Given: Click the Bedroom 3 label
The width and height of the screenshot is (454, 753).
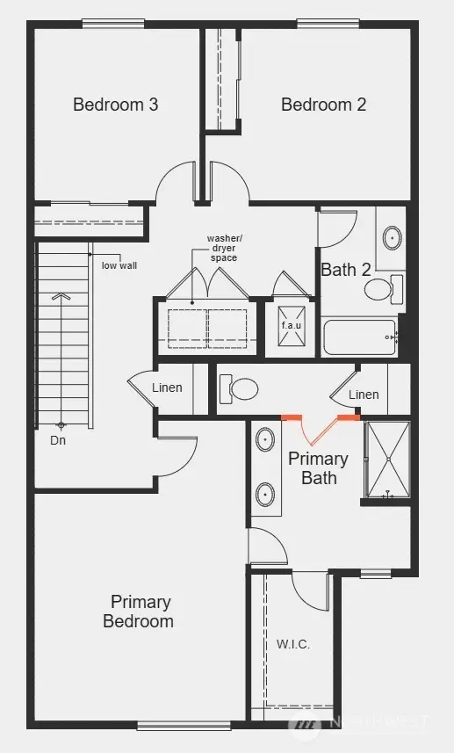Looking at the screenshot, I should (x=115, y=105).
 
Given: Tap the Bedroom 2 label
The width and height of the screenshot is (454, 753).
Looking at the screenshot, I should (x=323, y=105).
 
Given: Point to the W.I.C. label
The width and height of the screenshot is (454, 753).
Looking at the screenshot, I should (x=293, y=644).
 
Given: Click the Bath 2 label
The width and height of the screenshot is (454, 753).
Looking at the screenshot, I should (x=345, y=270).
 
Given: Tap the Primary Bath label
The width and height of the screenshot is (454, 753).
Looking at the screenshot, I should (x=318, y=467).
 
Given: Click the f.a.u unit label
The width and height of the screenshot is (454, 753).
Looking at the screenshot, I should (x=291, y=325).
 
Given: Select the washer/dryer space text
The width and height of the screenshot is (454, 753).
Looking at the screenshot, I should (x=222, y=248).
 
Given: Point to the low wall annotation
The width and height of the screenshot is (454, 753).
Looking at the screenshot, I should (x=119, y=265).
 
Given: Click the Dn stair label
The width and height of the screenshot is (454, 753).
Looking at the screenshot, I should (x=58, y=440).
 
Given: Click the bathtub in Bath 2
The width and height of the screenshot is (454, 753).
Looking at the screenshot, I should (x=359, y=337).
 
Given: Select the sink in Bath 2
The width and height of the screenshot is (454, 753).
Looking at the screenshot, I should (x=392, y=236).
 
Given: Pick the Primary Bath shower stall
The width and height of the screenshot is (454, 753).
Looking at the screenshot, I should (x=386, y=460).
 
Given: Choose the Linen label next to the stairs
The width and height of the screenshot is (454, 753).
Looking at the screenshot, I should (x=167, y=387).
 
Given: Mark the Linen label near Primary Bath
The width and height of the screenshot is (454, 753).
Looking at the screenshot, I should (x=364, y=395).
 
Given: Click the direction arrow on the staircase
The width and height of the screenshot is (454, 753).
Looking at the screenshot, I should (x=61, y=299).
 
